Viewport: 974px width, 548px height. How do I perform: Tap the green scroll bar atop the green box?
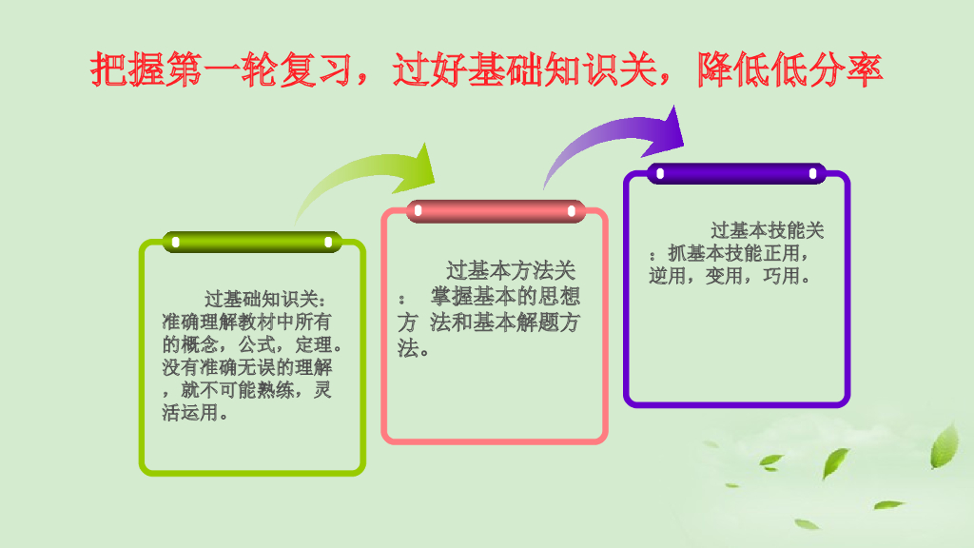[251, 243]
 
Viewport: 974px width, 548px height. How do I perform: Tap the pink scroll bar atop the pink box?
[495, 211]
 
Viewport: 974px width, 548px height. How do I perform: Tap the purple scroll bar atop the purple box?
[736, 174]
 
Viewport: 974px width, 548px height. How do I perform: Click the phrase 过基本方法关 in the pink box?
[511, 271]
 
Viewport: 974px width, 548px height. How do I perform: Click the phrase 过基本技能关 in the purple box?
[767, 231]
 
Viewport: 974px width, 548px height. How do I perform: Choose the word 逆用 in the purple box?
[668, 277]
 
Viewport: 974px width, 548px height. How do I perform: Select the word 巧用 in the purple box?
[782, 277]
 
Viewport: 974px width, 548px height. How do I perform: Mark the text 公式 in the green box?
[254, 344]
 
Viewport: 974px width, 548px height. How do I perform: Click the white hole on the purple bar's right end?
[813, 174]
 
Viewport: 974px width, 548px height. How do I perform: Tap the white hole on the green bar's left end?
[175, 243]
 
